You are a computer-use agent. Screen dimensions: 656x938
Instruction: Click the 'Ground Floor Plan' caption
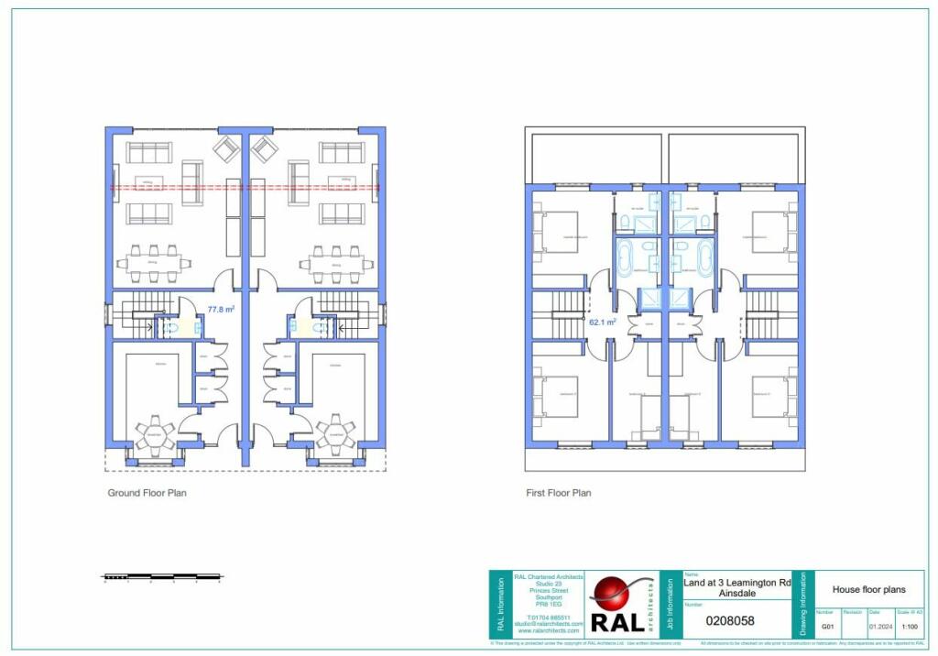(147, 493)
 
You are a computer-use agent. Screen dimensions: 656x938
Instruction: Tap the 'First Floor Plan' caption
(558, 493)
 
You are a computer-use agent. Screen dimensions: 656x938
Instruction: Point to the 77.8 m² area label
(221, 310)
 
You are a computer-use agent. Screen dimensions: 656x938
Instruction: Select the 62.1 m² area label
(602, 323)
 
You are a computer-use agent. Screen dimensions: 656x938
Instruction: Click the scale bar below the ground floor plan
(162, 577)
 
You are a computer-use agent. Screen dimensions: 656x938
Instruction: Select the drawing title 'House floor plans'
(868, 590)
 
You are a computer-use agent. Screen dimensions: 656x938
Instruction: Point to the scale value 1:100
(910, 628)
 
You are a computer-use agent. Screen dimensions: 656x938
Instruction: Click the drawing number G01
(826, 628)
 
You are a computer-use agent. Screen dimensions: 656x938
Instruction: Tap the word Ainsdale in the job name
(736, 594)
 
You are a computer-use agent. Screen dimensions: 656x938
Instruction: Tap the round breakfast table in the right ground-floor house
(336, 434)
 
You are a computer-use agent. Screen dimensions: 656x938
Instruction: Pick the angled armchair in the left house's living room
(225, 148)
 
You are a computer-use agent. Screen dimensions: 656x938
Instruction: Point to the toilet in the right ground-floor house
(320, 326)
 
